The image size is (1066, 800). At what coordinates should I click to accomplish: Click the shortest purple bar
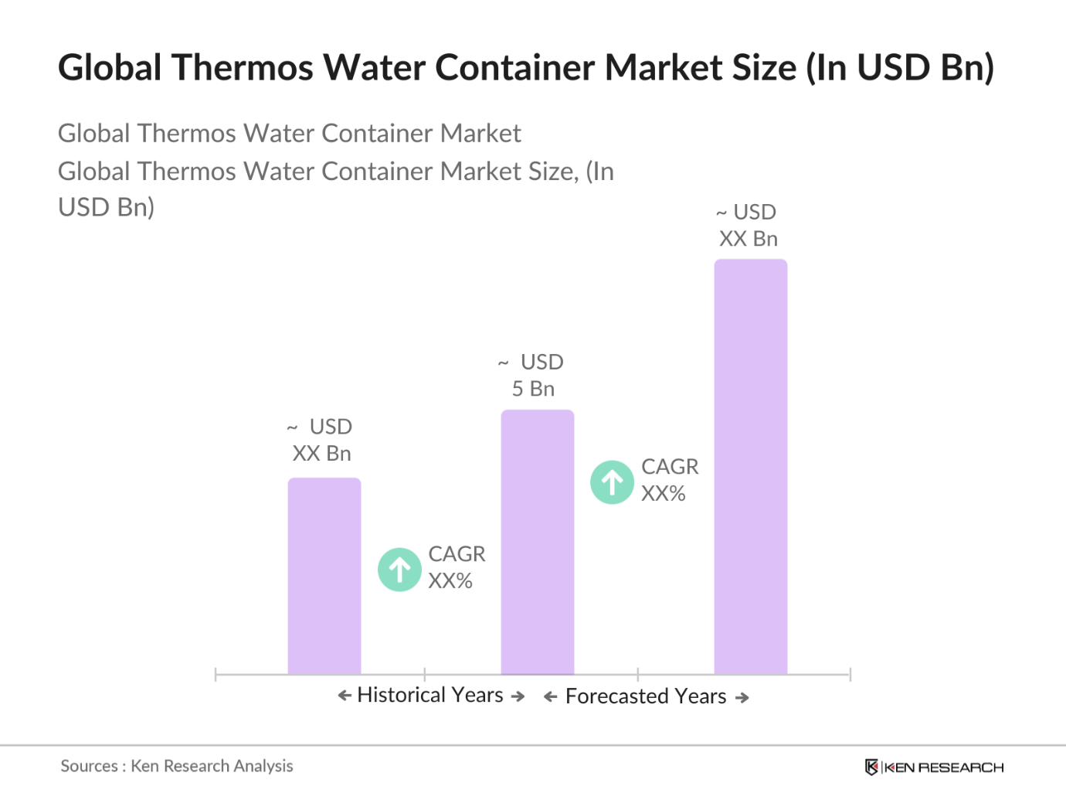click(324, 576)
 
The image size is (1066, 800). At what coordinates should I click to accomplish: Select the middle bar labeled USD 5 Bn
click(538, 541)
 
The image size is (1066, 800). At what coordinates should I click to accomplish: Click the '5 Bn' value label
click(533, 389)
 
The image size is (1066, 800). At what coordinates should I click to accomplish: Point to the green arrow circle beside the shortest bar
click(399, 570)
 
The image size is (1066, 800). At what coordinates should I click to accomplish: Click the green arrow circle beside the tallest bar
click(612, 482)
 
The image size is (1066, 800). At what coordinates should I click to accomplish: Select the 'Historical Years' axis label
click(430, 695)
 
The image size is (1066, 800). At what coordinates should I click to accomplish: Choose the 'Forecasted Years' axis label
click(646, 696)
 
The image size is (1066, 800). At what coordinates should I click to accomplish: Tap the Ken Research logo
click(934, 767)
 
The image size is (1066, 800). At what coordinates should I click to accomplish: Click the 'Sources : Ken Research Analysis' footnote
click(177, 766)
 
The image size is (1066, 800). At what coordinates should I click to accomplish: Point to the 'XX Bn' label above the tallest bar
click(748, 239)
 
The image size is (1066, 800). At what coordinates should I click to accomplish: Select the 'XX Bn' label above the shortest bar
click(321, 453)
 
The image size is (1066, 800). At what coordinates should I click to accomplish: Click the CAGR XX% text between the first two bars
click(456, 567)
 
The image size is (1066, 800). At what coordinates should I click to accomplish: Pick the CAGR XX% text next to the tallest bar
click(669, 480)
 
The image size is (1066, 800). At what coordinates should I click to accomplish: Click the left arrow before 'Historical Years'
click(345, 696)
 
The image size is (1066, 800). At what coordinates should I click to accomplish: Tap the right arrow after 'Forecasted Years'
click(742, 697)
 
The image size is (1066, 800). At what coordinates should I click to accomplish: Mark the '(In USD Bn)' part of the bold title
click(900, 68)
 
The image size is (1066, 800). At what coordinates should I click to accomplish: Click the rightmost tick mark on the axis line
click(850, 675)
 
